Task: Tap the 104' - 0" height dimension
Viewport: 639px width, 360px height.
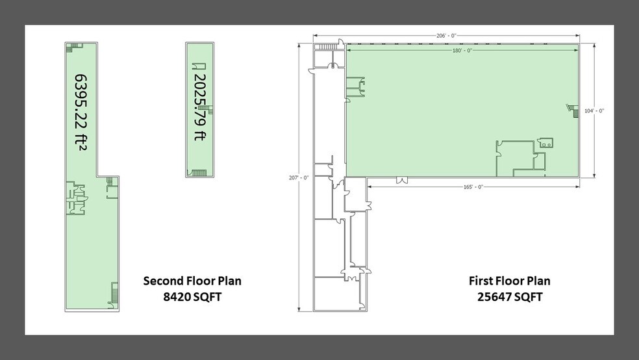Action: [594, 110]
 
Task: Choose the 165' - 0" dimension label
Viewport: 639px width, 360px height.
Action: [473, 186]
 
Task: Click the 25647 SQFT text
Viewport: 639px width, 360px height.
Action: [510, 297]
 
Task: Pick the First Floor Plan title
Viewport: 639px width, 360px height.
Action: [510, 281]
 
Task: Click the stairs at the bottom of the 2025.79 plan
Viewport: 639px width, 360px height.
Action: [197, 173]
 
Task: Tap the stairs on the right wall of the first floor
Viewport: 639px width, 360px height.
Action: [573, 110]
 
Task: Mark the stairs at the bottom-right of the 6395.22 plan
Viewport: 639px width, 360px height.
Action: [114, 293]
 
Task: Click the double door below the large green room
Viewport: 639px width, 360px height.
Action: [401, 179]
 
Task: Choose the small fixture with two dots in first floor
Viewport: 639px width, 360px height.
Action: [545, 143]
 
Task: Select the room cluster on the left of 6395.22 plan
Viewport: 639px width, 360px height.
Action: [75, 198]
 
